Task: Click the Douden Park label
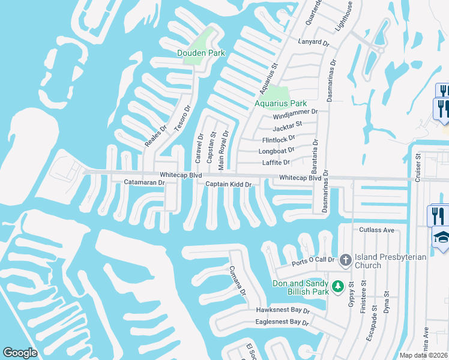pos(200,53)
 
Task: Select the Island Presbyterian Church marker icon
pos(345,260)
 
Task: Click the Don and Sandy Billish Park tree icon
pos(338,286)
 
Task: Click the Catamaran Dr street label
pos(144,182)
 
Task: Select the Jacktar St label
pos(287,127)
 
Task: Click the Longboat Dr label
pos(277,151)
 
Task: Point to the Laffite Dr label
pos(276,163)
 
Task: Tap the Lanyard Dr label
pos(314,43)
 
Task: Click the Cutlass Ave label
pos(376,230)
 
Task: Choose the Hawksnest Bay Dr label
pos(282,311)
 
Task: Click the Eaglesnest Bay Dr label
pos(282,323)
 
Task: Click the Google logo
pos(20,353)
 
